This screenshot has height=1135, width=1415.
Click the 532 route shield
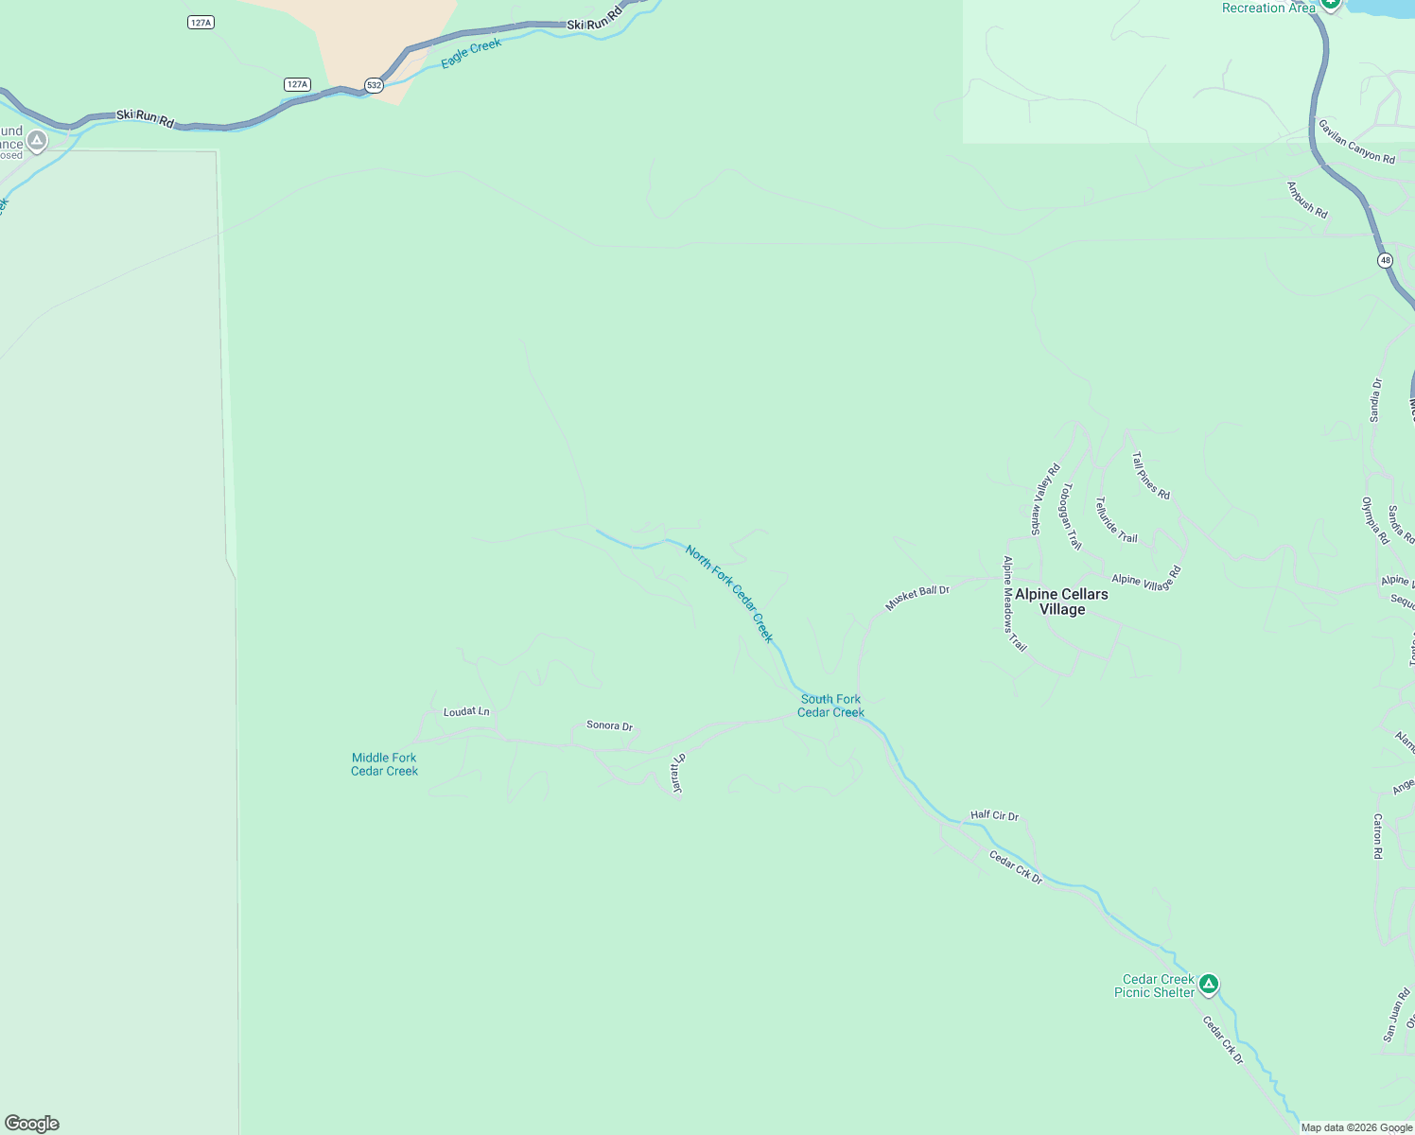375,85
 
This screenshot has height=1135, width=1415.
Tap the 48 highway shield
1385,260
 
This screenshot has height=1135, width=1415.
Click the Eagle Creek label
471,53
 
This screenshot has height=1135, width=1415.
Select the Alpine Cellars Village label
1061,602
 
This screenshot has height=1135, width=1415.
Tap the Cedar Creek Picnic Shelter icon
1208,985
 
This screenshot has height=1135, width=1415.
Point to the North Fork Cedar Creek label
729,593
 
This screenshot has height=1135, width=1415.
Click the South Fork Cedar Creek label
830,706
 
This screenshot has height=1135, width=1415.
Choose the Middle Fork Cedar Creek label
384,764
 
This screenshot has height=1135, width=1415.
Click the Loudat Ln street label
466,711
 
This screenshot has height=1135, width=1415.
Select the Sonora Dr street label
609,725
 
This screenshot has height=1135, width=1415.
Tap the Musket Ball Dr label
917,597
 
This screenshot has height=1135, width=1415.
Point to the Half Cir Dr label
994,815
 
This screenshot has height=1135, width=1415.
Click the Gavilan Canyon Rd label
1356,142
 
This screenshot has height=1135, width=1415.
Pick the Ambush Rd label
1307,201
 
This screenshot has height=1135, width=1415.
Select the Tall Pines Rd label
1151,475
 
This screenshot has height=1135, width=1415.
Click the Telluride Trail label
1116,520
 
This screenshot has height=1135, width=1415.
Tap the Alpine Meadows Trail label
1013,603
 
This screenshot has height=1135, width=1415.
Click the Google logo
32,1124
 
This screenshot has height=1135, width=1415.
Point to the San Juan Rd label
1396,1015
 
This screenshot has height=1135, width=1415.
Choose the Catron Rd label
1377,836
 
